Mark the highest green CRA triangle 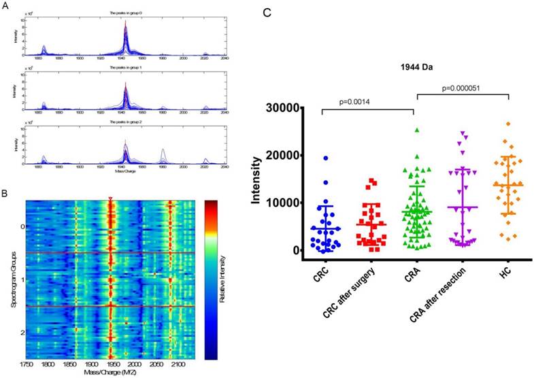point(416,130)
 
